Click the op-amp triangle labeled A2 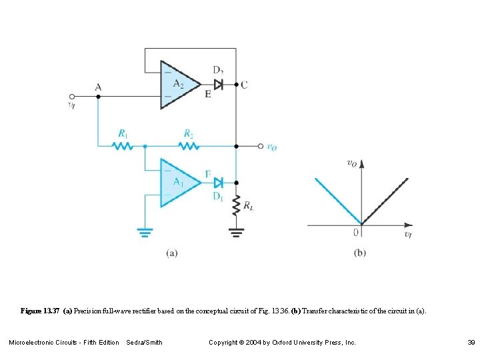177,85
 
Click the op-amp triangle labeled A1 177,182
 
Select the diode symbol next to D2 218,85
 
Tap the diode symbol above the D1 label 218,181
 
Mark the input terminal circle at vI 73,96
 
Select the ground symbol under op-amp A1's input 145,232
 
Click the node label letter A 99,87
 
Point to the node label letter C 244,85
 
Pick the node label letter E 208,95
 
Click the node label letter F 208,174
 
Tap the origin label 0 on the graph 357,232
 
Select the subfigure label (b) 361,253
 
